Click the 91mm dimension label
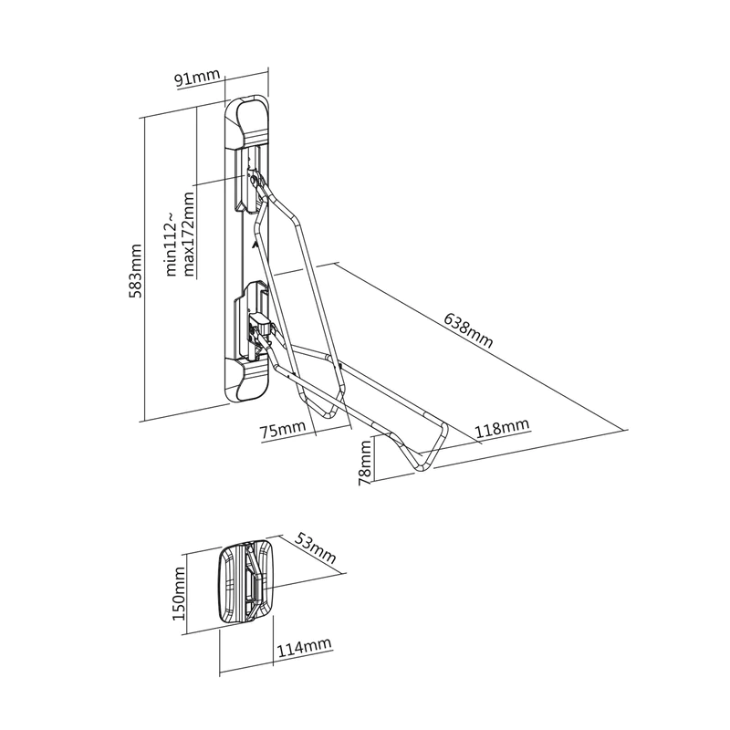[x=197, y=78]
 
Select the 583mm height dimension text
[x=136, y=270]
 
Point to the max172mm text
[x=189, y=235]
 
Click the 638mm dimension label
[x=468, y=329]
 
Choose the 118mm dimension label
[x=503, y=427]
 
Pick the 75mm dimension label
[x=283, y=429]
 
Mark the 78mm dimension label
[x=366, y=463]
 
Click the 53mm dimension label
[x=315, y=548]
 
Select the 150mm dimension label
[x=179, y=594]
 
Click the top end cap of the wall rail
[x=246, y=122]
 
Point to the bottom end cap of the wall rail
[x=246, y=381]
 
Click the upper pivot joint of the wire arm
[x=255, y=179]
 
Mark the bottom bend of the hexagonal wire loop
[x=328, y=412]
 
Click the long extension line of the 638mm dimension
[x=481, y=346]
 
